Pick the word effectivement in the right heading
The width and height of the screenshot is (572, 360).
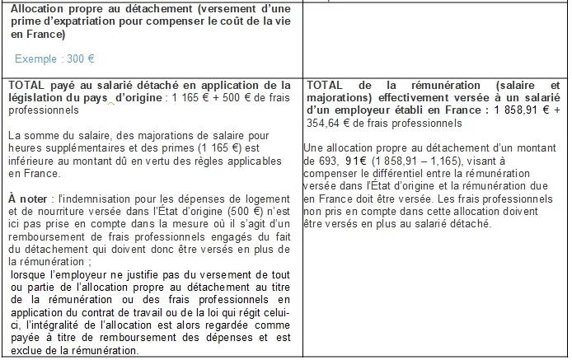[x=401, y=96]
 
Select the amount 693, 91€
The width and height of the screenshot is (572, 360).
[x=338, y=161]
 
